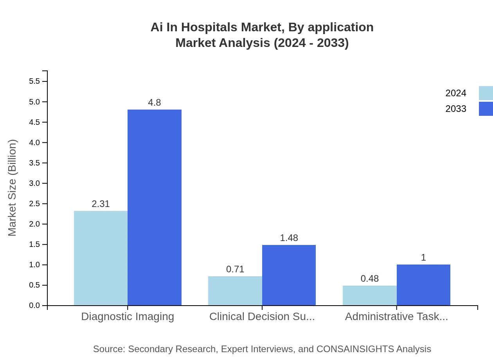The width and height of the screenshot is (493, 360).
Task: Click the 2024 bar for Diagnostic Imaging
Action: (101, 258)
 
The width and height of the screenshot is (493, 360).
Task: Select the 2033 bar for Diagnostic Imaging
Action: (155, 207)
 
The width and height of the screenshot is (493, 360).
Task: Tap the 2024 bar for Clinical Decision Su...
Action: (235, 291)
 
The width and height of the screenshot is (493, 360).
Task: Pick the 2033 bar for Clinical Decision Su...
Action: (289, 275)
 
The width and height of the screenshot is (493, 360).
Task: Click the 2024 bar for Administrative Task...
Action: (370, 295)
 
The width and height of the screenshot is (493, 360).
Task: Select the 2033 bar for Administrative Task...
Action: (423, 285)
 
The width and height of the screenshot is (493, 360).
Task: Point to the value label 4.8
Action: (155, 103)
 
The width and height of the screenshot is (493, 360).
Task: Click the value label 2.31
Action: (101, 204)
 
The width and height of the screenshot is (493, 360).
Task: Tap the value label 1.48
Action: (289, 238)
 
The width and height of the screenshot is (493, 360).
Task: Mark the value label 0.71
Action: (235, 269)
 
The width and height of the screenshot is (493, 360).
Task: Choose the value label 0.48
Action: (370, 279)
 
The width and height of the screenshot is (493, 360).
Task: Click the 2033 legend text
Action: (456, 109)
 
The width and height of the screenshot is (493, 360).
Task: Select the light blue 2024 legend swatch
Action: (486, 93)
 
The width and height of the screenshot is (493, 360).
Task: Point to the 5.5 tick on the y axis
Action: (34, 81)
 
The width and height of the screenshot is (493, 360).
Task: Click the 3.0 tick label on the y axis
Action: (34, 184)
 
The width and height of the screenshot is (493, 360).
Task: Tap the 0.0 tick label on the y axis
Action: (34, 306)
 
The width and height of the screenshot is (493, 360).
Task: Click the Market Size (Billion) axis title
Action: (12, 188)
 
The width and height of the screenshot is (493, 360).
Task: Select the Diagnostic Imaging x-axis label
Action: (128, 317)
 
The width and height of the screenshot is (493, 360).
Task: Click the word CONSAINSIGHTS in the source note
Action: (355, 349)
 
